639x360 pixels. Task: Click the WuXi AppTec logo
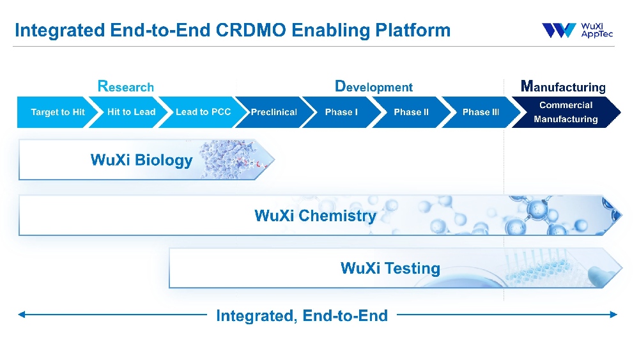coord(577,30)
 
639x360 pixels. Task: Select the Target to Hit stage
coord(58,112)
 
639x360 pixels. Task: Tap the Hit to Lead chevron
coord(131,112)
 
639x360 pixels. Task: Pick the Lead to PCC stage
coord(203,112)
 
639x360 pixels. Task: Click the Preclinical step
coord(273,112)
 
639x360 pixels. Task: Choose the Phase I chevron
coord(341,112)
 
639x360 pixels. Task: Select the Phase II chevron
coord(411,112)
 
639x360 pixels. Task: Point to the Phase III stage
coord(481,112)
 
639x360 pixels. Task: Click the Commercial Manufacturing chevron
coord(566,112)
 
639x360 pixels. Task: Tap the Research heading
coord(125,86)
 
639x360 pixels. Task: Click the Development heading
coord(374,86)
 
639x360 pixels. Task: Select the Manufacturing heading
coord(563,86)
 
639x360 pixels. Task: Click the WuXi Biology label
coord(141,160)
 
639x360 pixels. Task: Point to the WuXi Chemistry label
coord(315,215)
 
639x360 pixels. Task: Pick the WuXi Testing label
coord(390,268)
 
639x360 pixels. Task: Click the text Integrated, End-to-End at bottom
coord(302,315)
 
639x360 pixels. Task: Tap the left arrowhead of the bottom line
coord(22,315)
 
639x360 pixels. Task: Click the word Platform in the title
coord(415,30)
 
